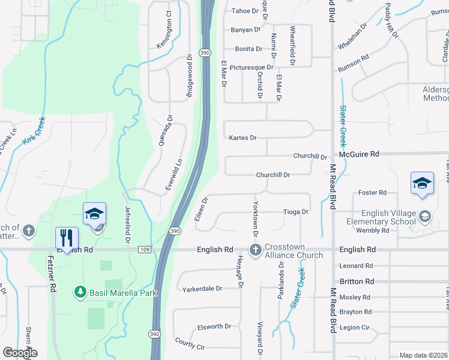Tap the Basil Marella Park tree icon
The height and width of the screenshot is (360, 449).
(x=79, y=292)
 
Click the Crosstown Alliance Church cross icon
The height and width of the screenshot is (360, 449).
(x=255, y=250)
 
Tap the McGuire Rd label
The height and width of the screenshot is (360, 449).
(x=359, y=154)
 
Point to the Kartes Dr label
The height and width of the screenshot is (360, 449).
(x=243, y=138)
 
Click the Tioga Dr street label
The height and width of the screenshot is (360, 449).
(x=295, y=212)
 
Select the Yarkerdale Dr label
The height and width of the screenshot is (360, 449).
(x=202, y=288)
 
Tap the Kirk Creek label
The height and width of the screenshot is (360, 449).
(x=34, y=130)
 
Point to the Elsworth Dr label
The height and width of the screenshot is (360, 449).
(x=214, y=327)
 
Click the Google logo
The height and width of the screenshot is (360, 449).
(x=20, y=353)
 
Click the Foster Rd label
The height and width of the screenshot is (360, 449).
(x=372, y=193)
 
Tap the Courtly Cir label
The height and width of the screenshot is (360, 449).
(x=190, y=345)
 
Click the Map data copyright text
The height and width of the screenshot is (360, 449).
(x=423, y=355)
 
